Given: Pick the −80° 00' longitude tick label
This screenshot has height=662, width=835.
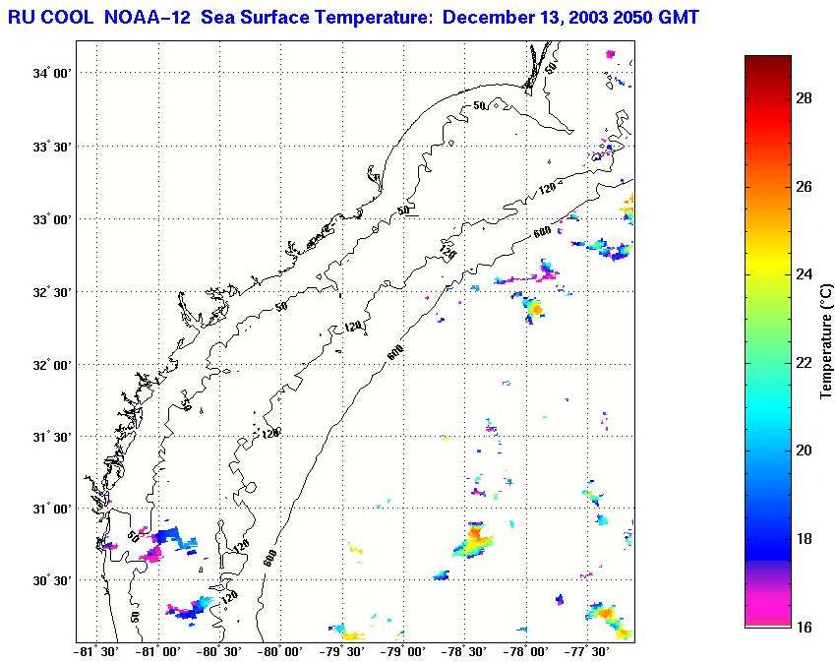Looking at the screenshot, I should tap(279, 651).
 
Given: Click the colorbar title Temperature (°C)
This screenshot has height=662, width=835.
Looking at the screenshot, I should tap(826, 341).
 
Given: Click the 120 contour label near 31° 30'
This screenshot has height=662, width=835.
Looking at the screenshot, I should tap(269, 433).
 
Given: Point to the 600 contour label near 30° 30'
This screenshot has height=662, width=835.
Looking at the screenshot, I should tap(269, 557).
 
